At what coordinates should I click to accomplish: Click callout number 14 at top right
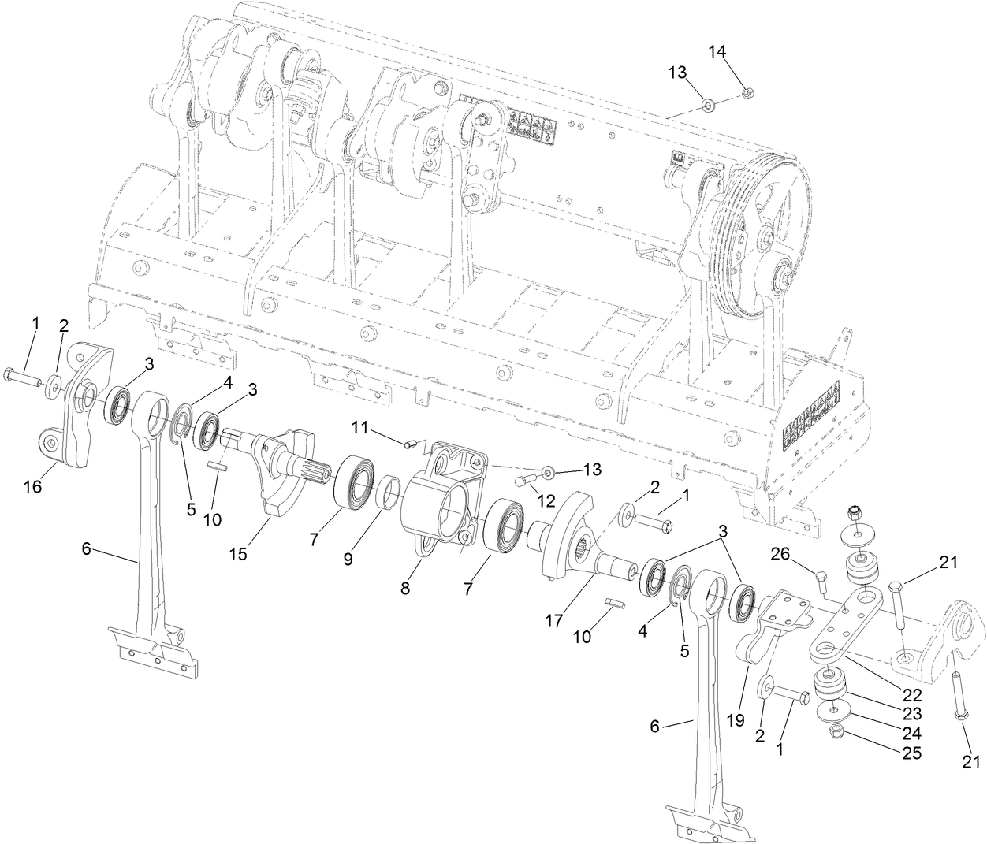[x=717, y=51]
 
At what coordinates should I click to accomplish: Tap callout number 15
[x=238, y=554]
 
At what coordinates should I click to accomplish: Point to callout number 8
[x=404, y=588]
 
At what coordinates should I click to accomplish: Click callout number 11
[x=360, y=427]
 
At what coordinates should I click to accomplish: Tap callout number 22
[x=912, y=696]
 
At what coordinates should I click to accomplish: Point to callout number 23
[x=912, y=715]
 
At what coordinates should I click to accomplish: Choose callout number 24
[x=912, y=734]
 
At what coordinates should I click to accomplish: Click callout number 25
[x=912, y=753]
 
